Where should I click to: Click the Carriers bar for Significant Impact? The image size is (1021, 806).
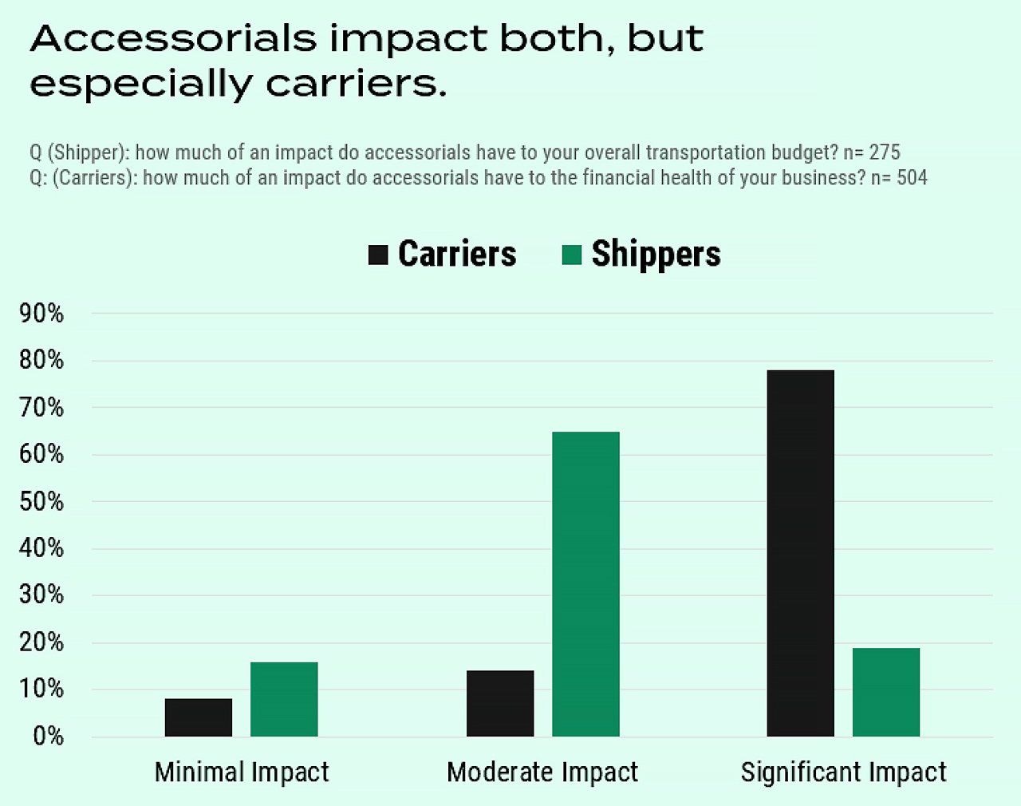coord(800,553)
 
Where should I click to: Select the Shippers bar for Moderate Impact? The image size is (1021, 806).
coord(585,584)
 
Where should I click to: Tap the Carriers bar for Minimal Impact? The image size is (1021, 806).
coord(199,717)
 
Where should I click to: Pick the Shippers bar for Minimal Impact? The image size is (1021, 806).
coord(284,699)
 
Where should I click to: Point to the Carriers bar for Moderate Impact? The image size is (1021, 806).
coord(500,703)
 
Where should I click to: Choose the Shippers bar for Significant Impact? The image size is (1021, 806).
coord(885,692)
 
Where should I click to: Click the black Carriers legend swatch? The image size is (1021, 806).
coord(378,255)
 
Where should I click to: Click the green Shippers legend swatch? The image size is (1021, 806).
coord(571,255)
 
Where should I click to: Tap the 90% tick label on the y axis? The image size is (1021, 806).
coord(41,314)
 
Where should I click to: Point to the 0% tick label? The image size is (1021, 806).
coord(48,736)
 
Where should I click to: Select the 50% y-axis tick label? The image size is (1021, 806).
coord(41,502)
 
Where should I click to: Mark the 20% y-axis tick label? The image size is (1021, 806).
coord(41,642)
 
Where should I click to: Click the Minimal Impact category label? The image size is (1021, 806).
coord(242,772)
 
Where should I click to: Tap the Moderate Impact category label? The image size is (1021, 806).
coord(542,772)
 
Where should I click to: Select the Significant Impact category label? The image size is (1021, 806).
coord(843,772)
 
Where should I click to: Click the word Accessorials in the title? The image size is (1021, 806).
coord(173,38)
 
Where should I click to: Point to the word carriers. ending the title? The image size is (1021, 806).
coord(356,84)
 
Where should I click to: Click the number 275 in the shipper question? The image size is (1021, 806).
coord(885,152)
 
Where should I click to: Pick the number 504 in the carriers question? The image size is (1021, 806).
coord(912,177)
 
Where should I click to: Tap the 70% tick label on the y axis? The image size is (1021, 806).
coord(41,408)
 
